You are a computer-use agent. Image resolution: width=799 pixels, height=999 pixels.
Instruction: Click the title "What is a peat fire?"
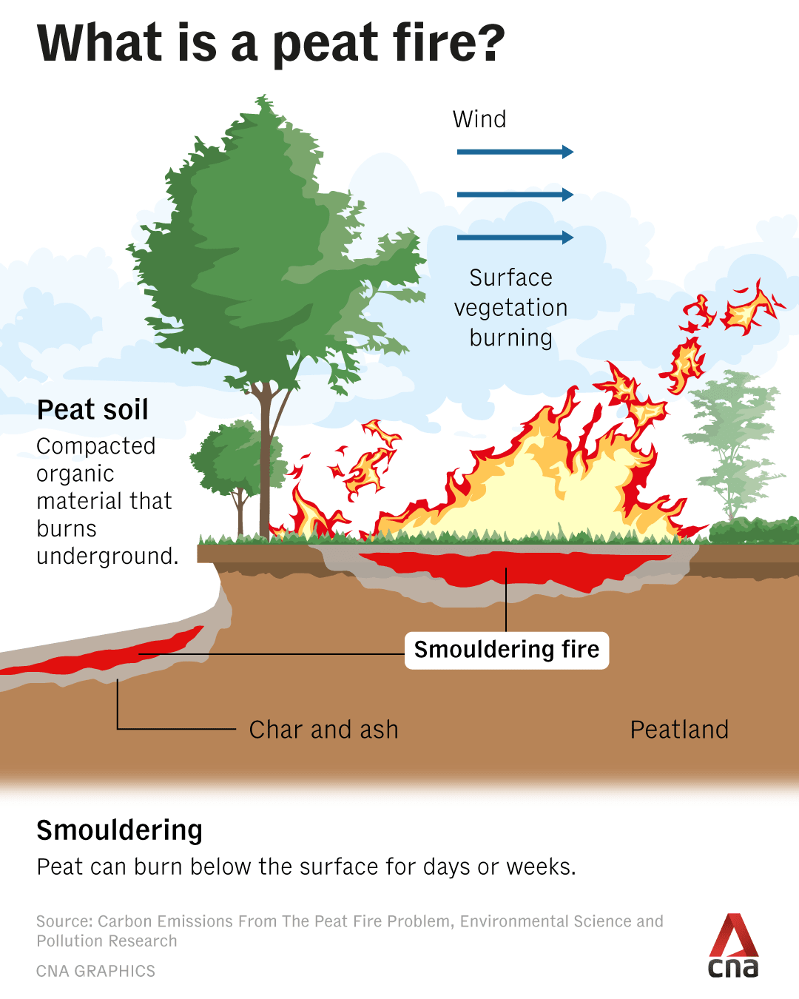point(271,44)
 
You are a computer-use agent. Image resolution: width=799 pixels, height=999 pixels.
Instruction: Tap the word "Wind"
point(479,119)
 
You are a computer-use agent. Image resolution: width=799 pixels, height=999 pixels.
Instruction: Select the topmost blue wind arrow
point(516,152)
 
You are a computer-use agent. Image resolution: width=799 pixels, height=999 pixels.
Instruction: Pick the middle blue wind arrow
point(516,195)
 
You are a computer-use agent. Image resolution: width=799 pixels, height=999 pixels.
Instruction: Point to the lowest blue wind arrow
point(516,238)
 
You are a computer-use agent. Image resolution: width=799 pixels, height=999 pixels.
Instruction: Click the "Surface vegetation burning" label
point(510,308)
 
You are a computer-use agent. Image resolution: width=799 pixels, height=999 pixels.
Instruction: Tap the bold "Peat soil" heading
point(92,409)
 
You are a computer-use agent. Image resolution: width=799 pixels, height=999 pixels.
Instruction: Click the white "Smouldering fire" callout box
point(507,650)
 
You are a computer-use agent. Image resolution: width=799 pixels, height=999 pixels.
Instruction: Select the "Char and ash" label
point(323,730)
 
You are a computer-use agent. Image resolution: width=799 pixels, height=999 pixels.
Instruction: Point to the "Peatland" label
point(679,730)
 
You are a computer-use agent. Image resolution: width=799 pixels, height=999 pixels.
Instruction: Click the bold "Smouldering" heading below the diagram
point(120,830)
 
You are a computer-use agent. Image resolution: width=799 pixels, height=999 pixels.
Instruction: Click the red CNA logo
point(733,946)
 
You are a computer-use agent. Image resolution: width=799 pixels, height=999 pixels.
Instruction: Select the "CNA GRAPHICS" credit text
point(95,971)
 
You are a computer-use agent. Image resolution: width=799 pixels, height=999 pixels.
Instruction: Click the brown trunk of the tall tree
point(265,464)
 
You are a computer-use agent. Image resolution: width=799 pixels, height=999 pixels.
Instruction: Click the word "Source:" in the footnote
point(64,921)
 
